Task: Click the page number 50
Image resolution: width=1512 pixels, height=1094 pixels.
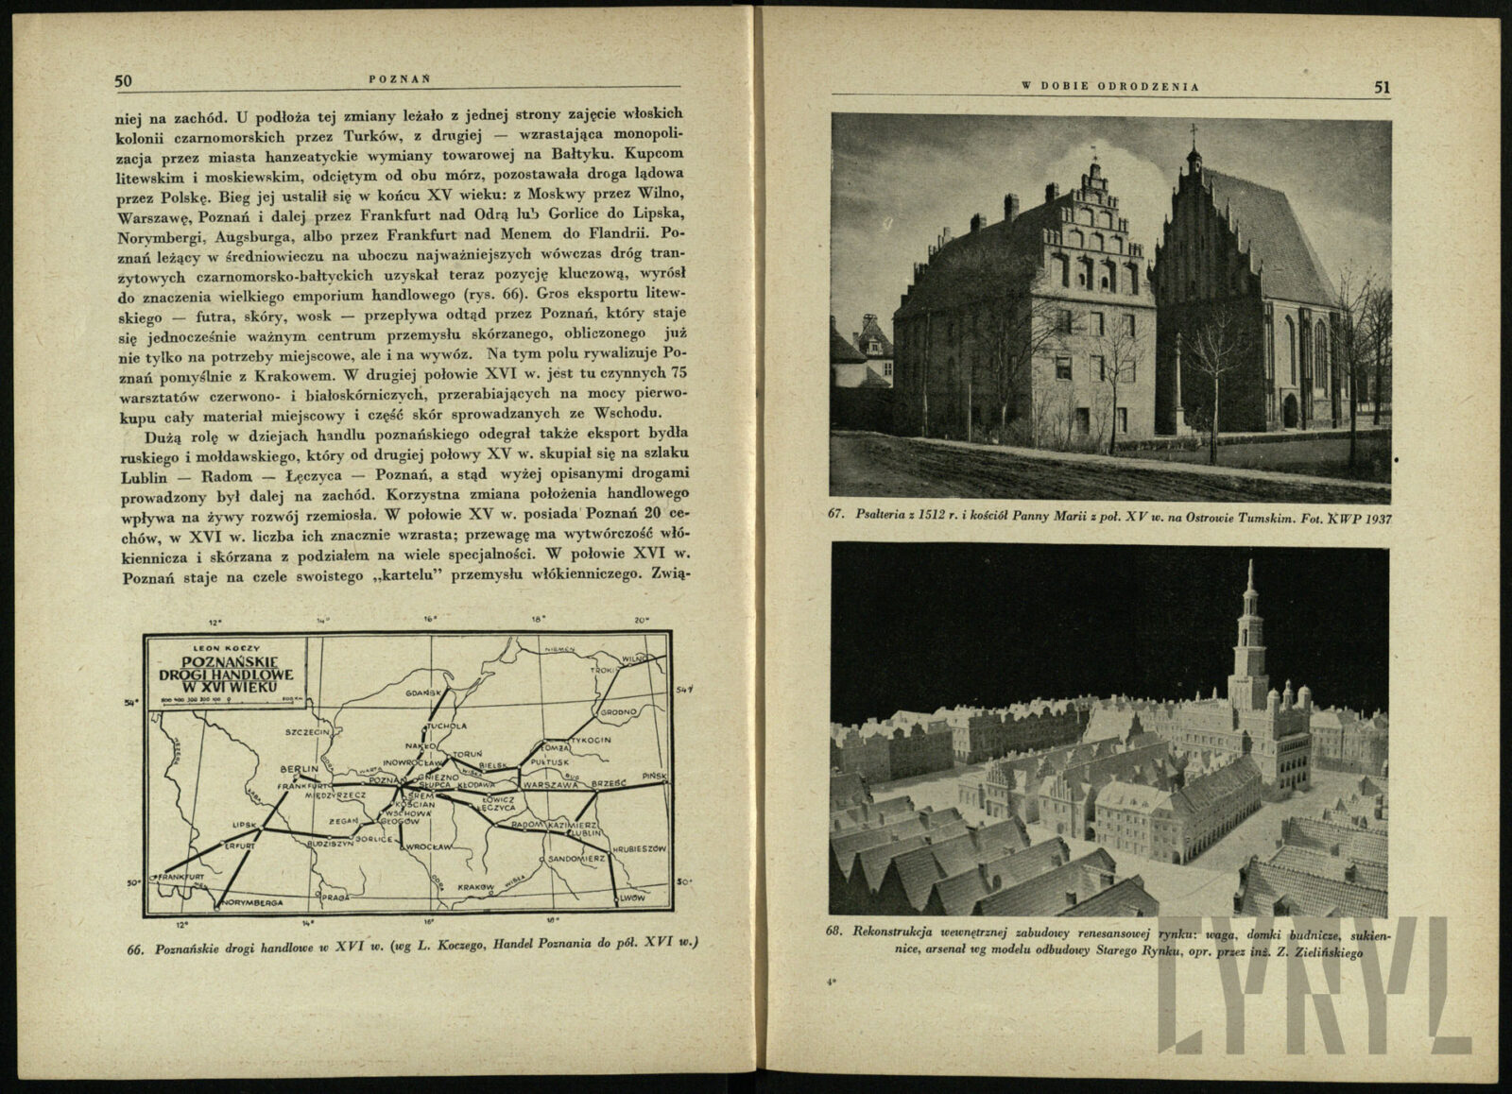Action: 123,81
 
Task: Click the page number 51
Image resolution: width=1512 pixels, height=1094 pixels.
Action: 1383,87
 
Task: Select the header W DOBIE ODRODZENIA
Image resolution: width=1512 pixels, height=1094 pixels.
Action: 1110,87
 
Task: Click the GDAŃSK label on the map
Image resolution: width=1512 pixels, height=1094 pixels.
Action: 424,692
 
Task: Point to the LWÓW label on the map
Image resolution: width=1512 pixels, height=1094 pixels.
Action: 634,895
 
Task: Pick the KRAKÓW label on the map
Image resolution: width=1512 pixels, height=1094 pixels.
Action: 474,887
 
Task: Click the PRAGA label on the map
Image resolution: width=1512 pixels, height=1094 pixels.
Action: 338,895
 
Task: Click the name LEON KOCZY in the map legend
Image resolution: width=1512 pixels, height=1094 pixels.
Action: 218,648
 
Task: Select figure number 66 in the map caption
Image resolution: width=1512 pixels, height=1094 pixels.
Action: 133,949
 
